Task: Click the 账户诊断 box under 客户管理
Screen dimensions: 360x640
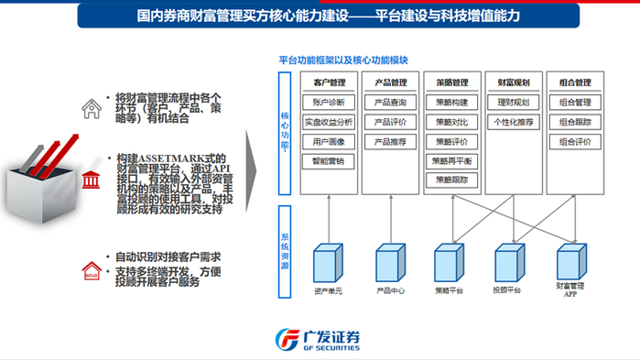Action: click(x=328, y=102)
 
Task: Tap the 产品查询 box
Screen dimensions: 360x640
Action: click(x=390, y=102)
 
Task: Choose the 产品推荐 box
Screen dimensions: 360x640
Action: click(x=390, y=142)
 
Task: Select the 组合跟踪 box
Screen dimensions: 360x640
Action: click(x=575, y=122)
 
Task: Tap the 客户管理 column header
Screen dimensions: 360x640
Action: click(x=328, y=82)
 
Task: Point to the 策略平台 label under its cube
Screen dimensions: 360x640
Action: click(x=448, y=290)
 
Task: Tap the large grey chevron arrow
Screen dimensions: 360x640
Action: click(x=254, y=174)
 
